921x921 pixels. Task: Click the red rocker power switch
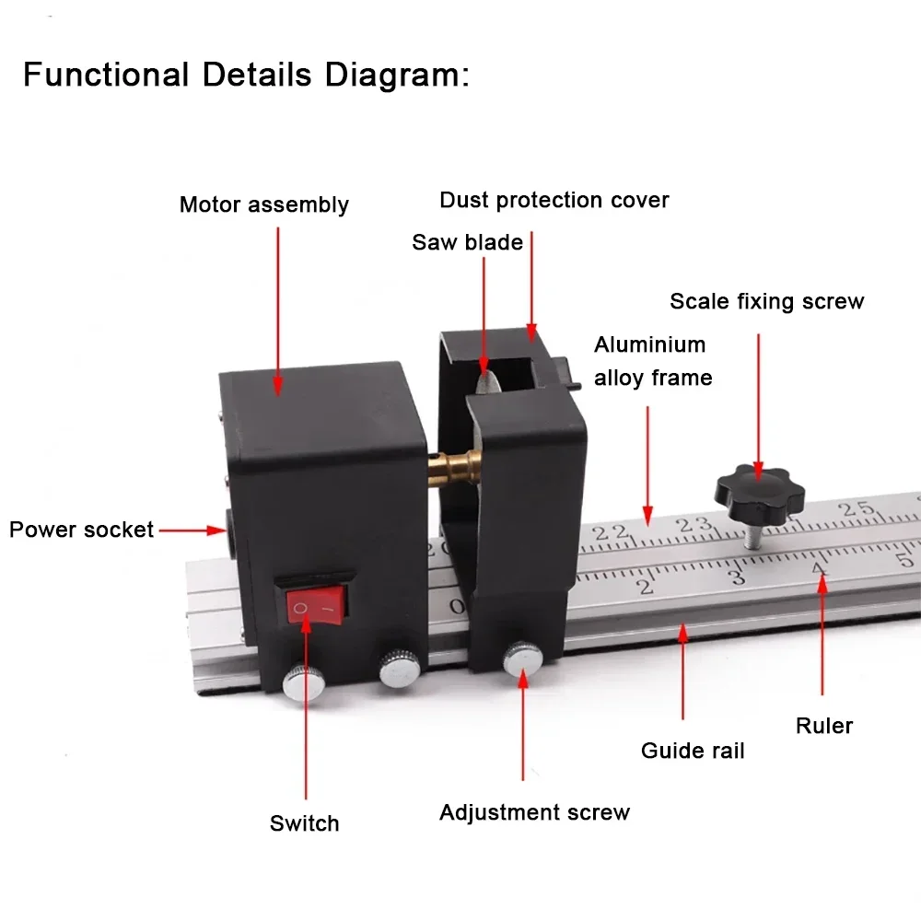click(x=317, y=607)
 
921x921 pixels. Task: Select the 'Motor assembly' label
click(x=264, y=204)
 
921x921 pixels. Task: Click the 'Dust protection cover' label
click(x=554, y=200)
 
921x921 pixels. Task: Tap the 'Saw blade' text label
click(x=468, y=242)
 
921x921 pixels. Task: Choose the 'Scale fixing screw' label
click(x=767, y=301)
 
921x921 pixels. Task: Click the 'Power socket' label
click(x=82, y=530)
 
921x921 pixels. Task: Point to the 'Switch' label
click(x=304, y=822)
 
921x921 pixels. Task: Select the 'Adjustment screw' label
click(x=534, y=812)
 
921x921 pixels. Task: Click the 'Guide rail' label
click(x=693, y=750)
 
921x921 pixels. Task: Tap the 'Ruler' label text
click(x=824, y=726)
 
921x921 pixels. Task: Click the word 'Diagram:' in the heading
click(x=397, y=76)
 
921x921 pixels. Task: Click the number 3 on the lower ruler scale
click(x=738, y=577)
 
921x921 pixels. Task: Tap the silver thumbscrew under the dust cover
click(x=523, y=659)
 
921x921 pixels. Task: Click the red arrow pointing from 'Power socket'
click(x=192, y=530)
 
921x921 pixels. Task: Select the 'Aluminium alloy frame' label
click(x=653, y=361)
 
